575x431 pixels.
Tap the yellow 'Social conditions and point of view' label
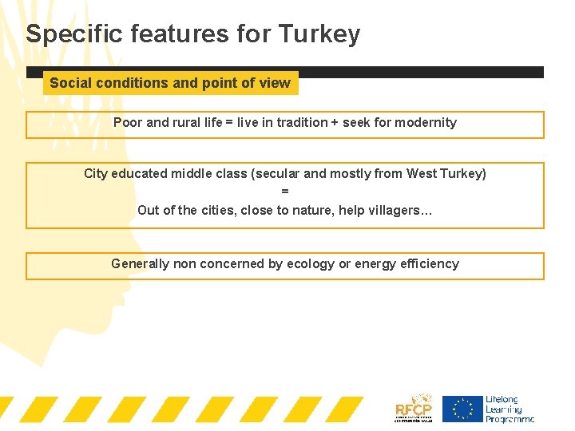point(170,83)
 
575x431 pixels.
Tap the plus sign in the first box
point(335,123)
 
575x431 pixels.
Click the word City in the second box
point(96,174)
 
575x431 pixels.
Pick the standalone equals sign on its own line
point(285,192)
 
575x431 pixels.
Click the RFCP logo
point(414,408)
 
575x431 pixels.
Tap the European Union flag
point(462,409)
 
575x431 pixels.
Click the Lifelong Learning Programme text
point(509,409)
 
